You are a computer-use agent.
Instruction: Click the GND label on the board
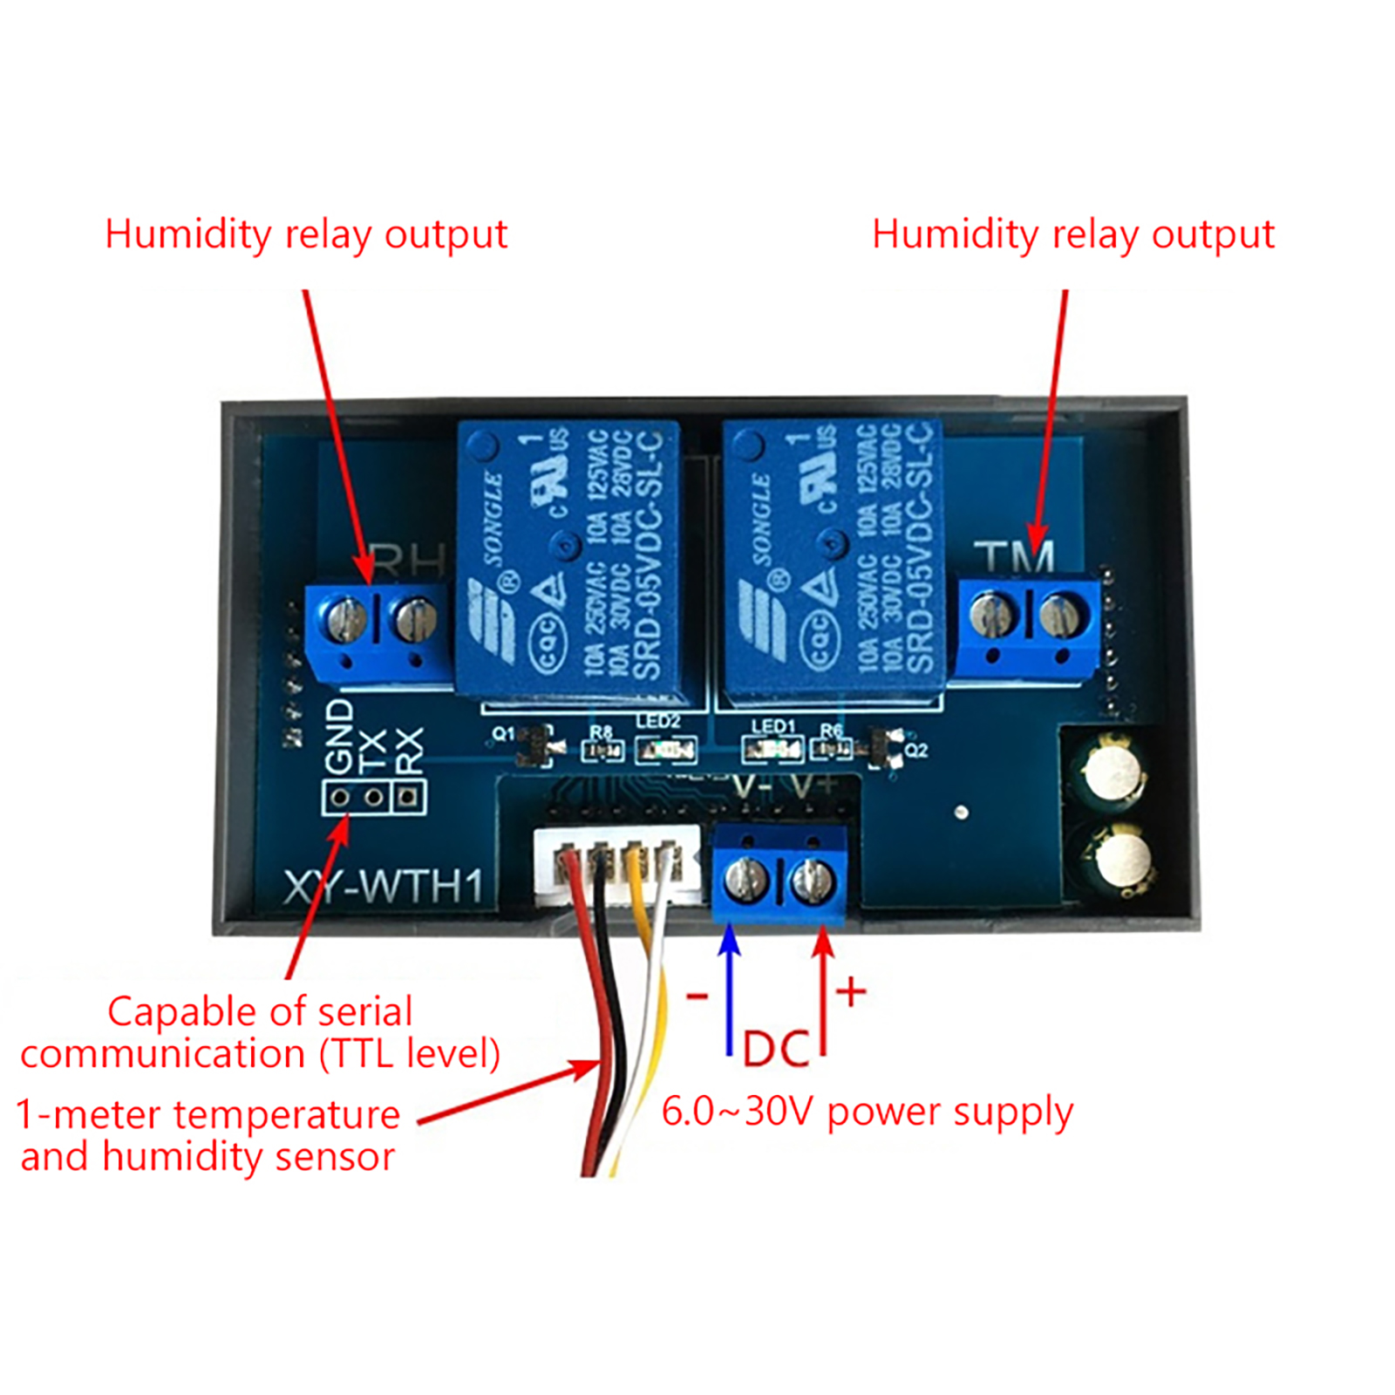[x=338, y=737]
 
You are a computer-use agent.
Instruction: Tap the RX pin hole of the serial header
[x=407, y=797]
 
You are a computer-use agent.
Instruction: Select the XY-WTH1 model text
[x=384, y=887]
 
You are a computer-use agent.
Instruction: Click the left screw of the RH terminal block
[x=345, y=619]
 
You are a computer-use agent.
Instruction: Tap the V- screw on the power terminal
[x=747, y=882]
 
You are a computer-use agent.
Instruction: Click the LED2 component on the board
[x=665, y=749]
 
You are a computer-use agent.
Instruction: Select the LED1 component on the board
[x=772, y=748]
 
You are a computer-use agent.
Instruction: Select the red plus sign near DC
[x=851, y=992]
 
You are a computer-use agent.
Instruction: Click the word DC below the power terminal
[x=776, y=1049]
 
